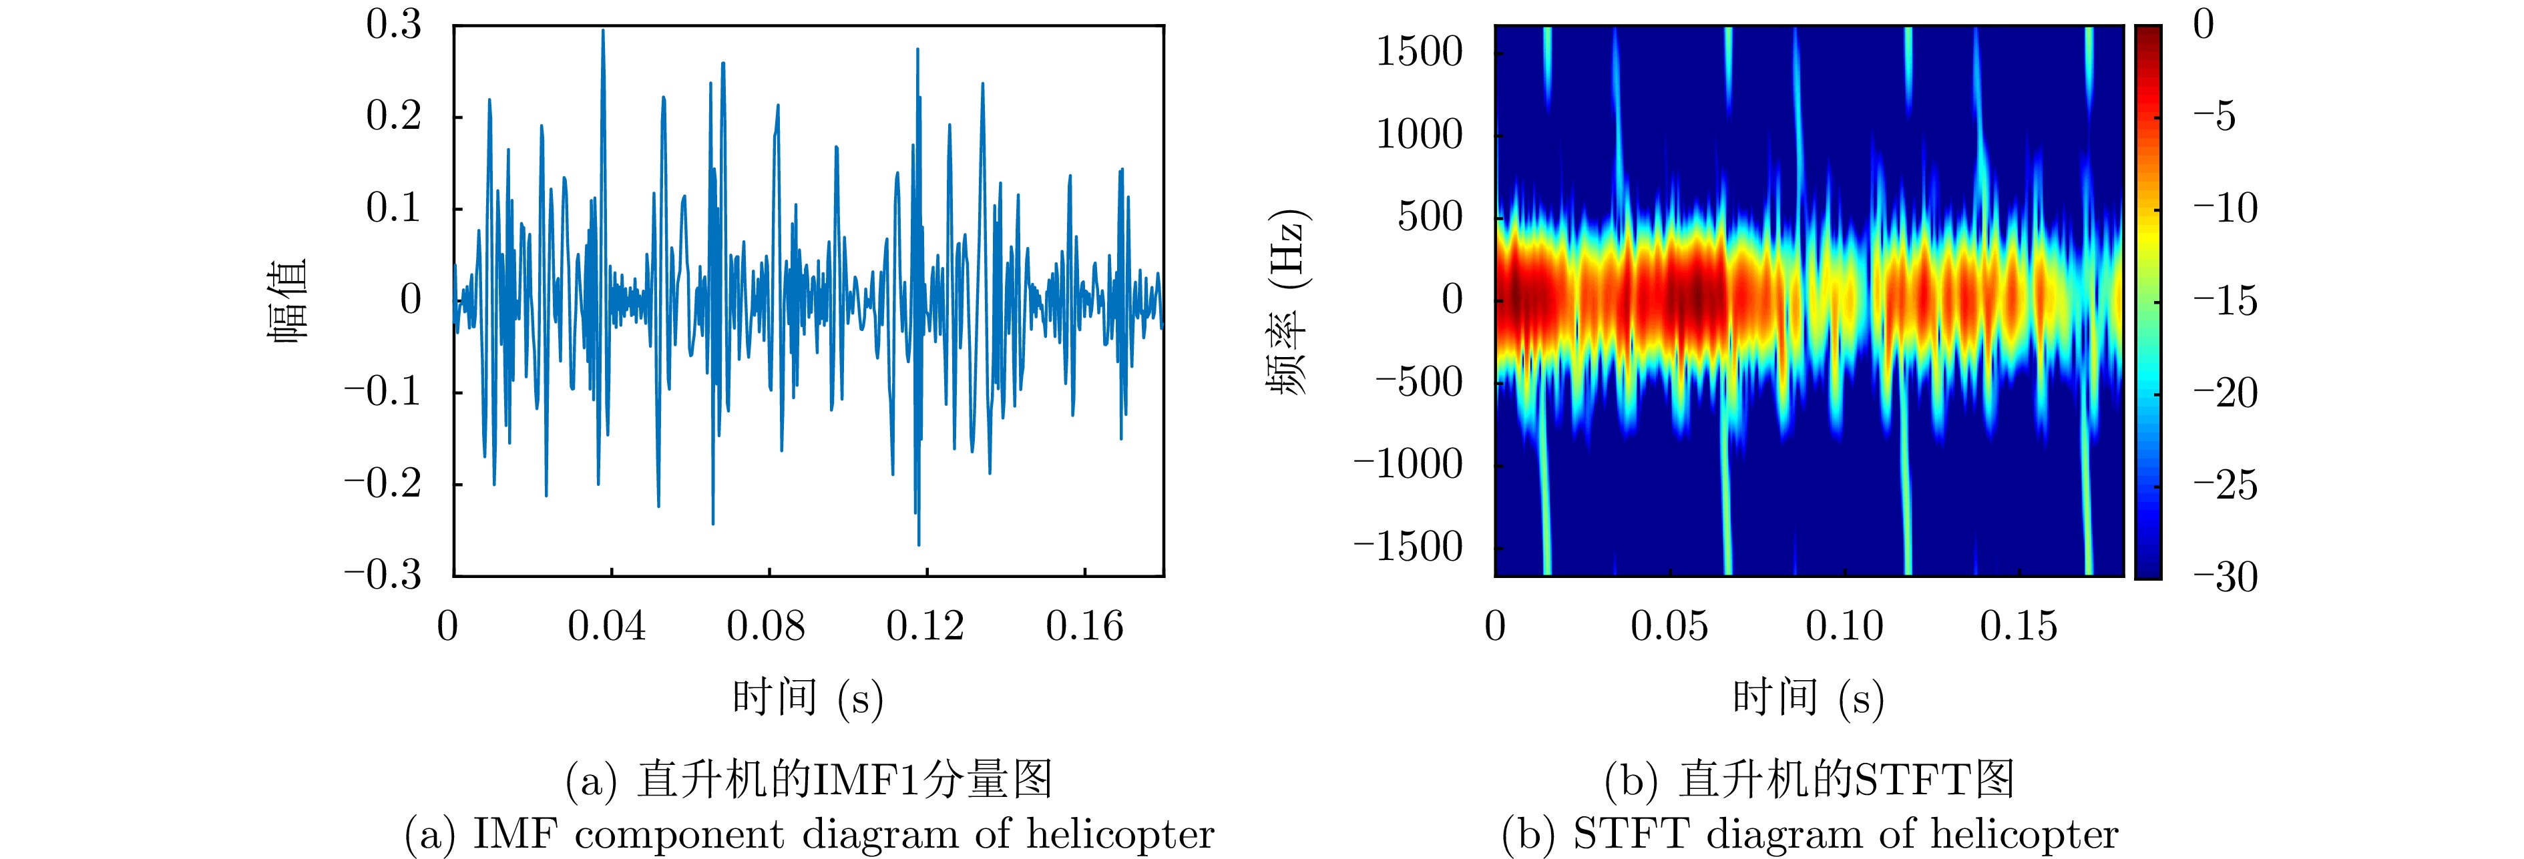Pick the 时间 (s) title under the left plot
click(x=807, y=697)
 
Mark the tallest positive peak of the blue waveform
click(x=602, y=31)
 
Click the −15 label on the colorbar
click(x=2224, y=300)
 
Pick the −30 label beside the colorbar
click(x=2224, y=577)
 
